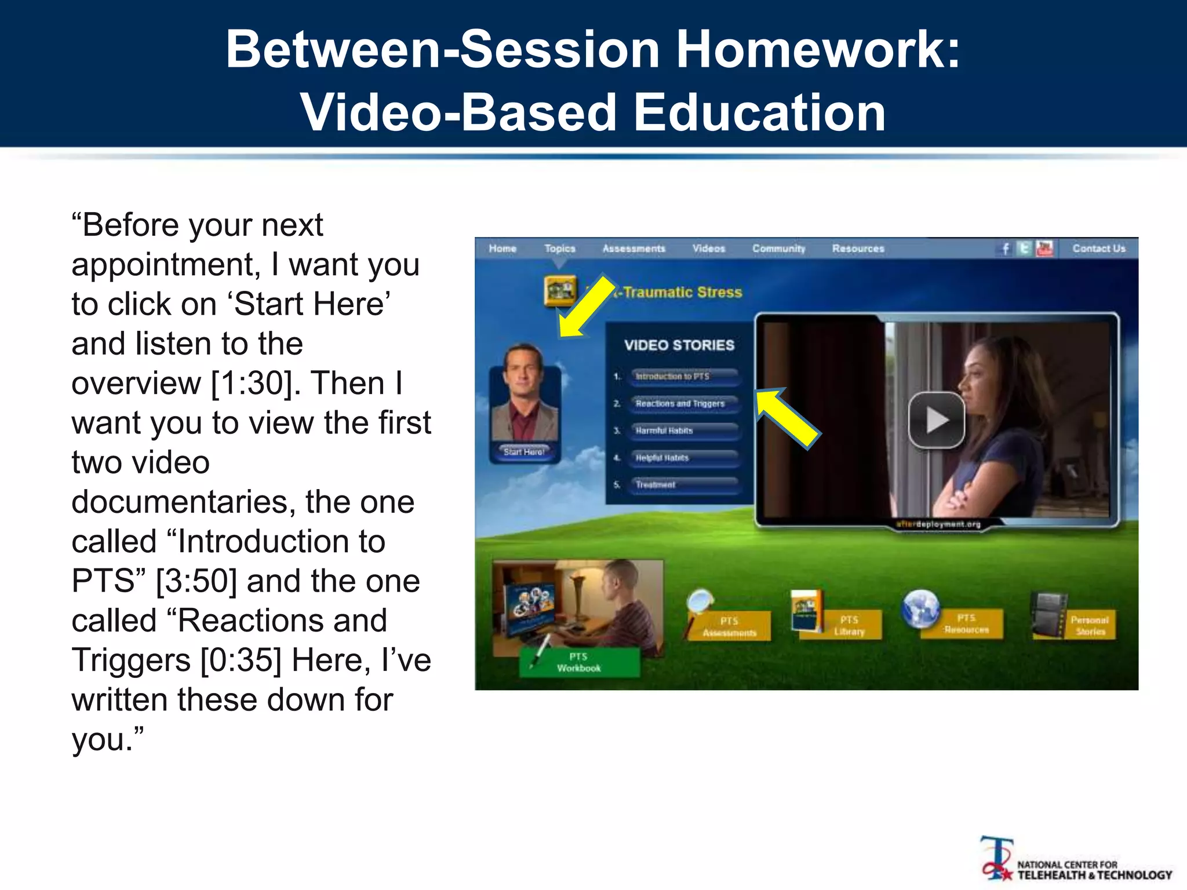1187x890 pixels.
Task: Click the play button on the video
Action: [x=936, y=420]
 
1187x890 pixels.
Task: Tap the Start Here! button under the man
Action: [x=524, y=452]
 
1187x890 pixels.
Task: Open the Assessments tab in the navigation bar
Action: [x=633, y=249]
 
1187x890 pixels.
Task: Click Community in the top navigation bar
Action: [x=778, y=249]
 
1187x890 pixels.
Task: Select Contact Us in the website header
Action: [x=1098, y=249]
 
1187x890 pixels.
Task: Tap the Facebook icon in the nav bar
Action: [x=1006, y=249]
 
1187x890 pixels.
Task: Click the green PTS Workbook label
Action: [x=579, y=662]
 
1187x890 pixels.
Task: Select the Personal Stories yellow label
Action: [x=1090, y=626]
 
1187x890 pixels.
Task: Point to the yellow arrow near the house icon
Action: [x=587, y=307]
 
